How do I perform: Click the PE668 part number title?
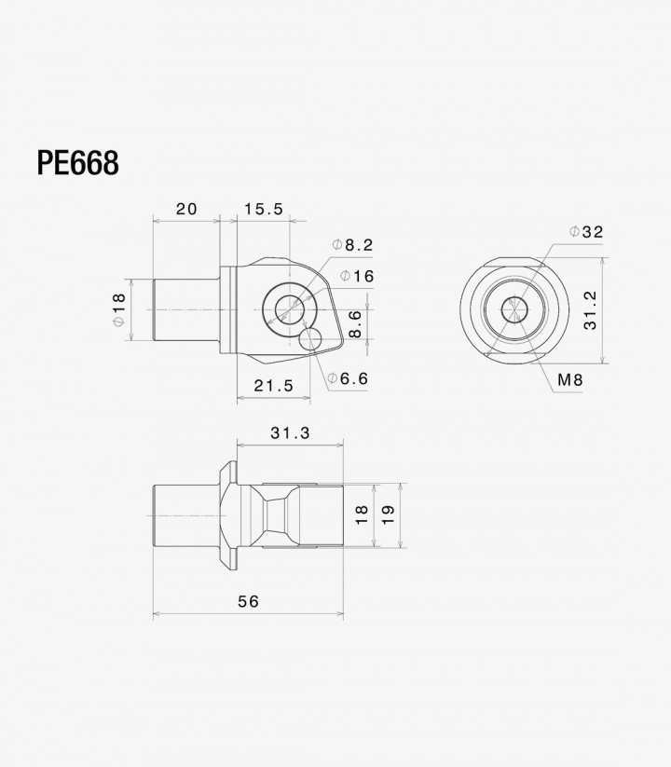click(77, 163)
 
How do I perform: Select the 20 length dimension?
click(186, 209)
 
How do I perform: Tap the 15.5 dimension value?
click(264, 209)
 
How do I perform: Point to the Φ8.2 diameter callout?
click(352, 244)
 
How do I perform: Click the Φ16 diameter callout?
click(357, 277)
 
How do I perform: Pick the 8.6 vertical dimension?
click(355, 323)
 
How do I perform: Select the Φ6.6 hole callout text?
click(348, 378)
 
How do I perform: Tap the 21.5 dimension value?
click(274, 386)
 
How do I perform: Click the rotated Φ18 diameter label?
click(119, 309)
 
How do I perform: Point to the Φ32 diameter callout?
click(586, 232)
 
